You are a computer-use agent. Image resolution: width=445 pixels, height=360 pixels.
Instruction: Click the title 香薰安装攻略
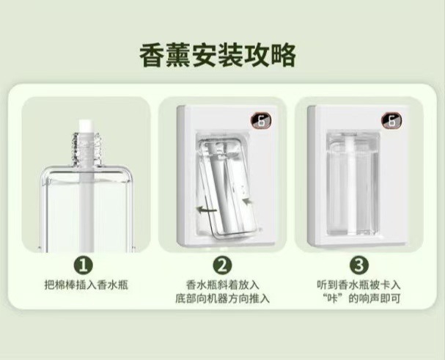[x=218, y=56]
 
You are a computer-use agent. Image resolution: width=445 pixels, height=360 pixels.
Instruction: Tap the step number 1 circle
[x=84, y=265]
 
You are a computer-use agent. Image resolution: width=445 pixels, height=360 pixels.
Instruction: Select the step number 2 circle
[x=223, y=265]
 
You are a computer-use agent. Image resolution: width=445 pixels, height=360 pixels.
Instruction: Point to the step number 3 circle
[x=359, y=265]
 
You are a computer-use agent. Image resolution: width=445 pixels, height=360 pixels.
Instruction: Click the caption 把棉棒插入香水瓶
[x=87, y=284]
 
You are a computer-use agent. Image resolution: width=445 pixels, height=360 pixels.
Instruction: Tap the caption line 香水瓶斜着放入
[x=223, y=284]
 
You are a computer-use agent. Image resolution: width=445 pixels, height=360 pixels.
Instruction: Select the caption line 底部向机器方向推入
[x=223, y=298]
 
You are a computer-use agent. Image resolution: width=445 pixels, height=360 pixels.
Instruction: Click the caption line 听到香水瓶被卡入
[x=358, y=284]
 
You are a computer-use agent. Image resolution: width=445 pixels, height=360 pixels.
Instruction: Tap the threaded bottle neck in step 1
[x=86, y=149]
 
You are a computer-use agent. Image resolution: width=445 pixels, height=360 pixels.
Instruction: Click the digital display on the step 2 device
[x=261, y=121]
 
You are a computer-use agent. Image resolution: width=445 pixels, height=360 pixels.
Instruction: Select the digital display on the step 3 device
[x=391, y=121]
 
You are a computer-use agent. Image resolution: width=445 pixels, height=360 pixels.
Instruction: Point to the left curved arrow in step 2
[x=207, y=210]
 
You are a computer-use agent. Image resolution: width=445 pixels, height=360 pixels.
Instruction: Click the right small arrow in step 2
[x=248, y=201]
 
